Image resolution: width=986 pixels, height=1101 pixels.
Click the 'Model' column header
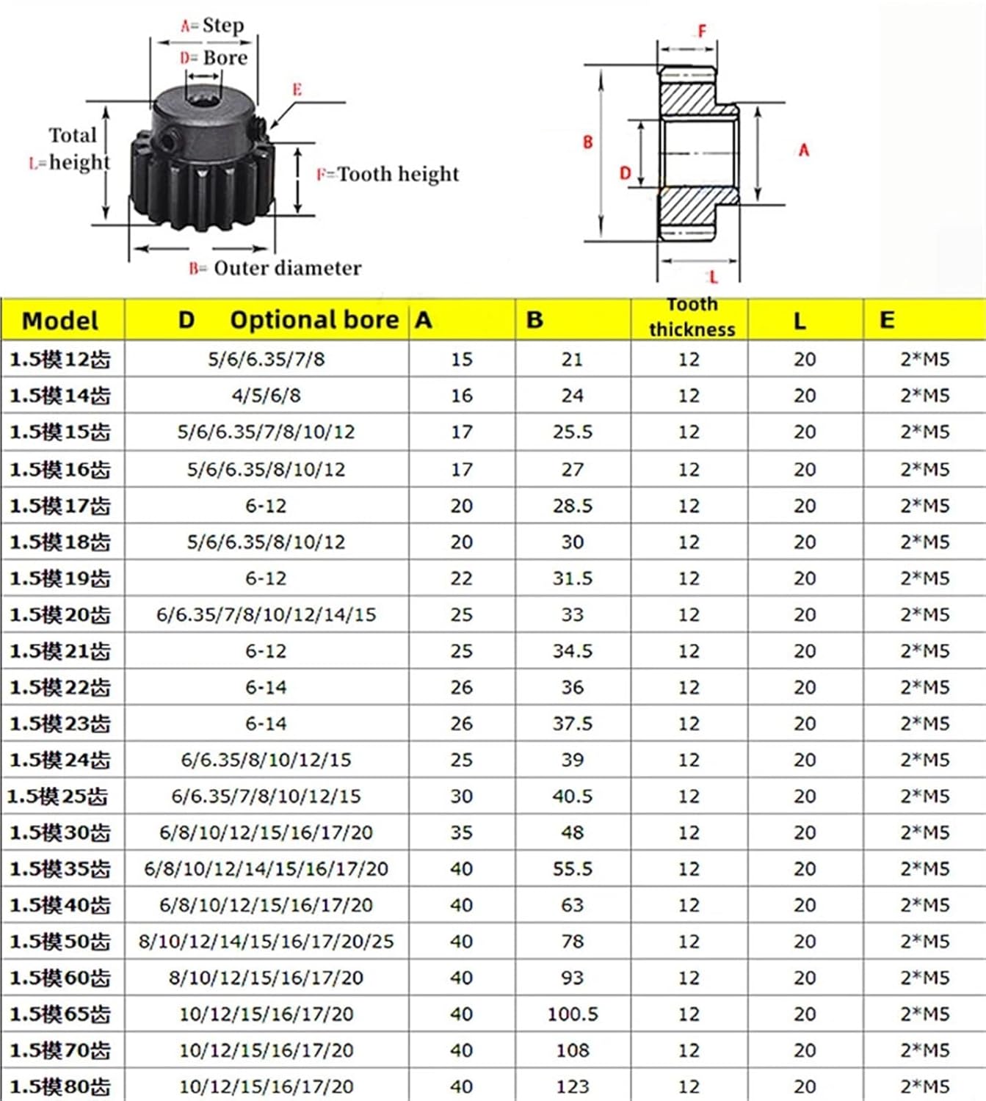(x=60, y=321)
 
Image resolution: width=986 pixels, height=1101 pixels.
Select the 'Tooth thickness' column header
(x=692, y=318)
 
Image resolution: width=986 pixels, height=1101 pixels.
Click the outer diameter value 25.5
(x=572, y=432)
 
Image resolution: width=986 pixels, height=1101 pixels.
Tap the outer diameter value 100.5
(x=572, y=1014)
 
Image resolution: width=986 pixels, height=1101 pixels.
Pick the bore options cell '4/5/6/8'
(x=266, y=396)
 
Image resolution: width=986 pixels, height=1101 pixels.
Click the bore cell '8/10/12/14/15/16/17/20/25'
(x=266, y=942)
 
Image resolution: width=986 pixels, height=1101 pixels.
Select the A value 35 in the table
(x=461, y=832)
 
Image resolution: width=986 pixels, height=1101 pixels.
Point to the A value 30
(x=461, y=796)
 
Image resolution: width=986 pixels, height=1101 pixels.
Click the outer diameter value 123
(x=572, y=1086)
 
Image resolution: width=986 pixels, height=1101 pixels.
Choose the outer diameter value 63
(x=572, y=905)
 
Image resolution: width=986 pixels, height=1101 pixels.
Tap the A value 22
(x=461, y=578)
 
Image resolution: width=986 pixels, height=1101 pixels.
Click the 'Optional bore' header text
(x=314, y=320)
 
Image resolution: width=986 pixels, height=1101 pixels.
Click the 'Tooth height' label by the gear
(x=397, y=174)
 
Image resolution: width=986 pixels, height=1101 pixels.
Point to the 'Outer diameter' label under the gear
(x=287, y=268)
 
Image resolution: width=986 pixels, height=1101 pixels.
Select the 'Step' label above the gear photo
(x=222, y=26)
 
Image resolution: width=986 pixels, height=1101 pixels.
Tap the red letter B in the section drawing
(x=587, y=142)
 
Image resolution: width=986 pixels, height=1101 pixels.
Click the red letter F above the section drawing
(x=702, y=31)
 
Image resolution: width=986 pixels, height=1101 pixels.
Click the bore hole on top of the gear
(x=200, y=96)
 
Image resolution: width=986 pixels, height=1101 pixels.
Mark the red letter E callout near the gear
(x=297, y=90)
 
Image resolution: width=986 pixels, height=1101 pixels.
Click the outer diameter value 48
(x=572, y=832)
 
